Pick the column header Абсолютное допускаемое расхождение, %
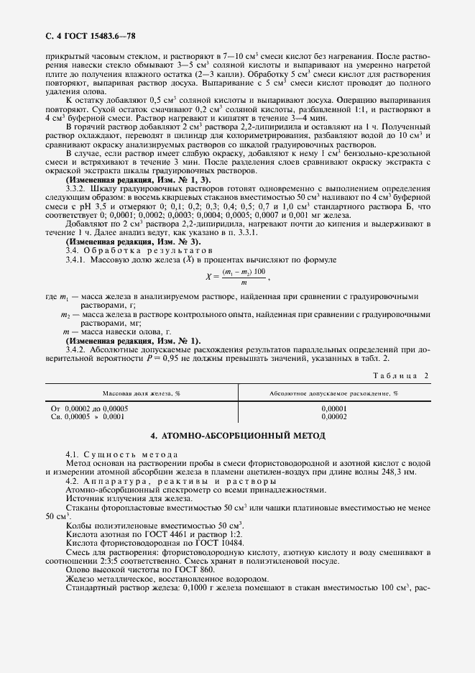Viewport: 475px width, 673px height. (x=333, y=394)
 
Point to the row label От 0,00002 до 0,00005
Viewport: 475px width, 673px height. (x=89, y=408)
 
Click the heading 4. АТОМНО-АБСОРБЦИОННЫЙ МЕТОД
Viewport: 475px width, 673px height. (x=238, y=436)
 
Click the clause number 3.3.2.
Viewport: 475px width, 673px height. (x=76, y=209)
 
